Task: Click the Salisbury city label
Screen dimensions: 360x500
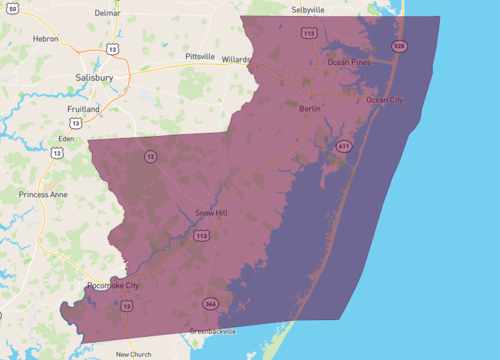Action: tap(94, 77)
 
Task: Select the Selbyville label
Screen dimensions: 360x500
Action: tap(309, 9)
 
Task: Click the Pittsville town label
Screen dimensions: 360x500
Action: tap(199, 57)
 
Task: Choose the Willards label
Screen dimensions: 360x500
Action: tap(236, 59)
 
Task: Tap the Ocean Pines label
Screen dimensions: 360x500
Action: tap(350, 63)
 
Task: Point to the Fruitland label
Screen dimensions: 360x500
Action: tap(83, 108)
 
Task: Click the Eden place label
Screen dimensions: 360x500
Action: tap(67, 138)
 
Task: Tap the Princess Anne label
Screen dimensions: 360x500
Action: tap(41, 194)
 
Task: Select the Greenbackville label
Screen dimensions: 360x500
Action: tap(213, 331)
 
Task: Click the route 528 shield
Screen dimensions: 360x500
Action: tap(399, 46)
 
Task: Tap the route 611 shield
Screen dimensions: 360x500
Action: tap(344, 146)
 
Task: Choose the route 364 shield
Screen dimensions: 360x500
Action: tap(210, 303)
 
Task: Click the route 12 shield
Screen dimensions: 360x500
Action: tap(151, 157)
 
